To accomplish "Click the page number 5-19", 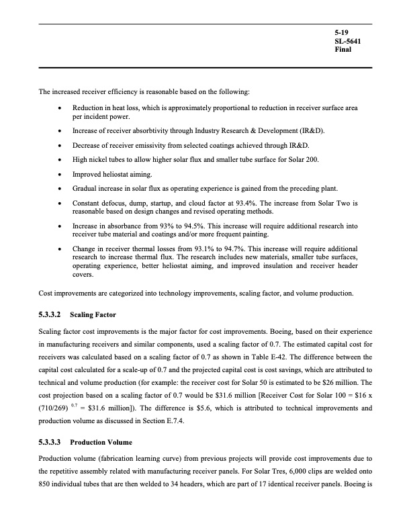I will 342,32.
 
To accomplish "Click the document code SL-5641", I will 347,41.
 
